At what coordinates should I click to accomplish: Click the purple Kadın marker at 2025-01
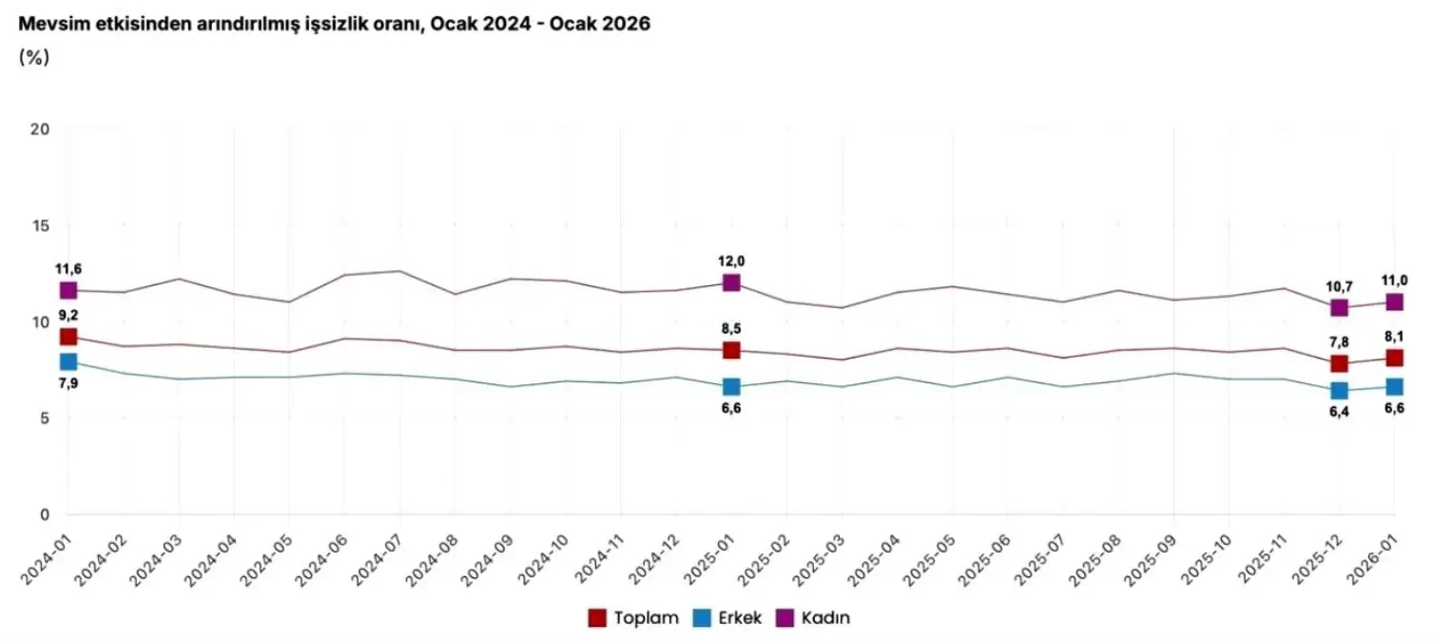tap(731, 282)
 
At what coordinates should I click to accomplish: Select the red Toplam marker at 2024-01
tap(68, 337)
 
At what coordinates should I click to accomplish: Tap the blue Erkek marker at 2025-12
tap(1340, 390)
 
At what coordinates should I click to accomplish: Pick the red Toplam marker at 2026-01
tap(1395, 358)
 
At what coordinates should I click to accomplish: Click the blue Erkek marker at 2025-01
tap(731, 386)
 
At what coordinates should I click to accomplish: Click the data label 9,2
tap(68, 315)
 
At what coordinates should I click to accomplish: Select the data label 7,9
tap(68, 383)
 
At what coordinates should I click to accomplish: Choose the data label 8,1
tap(1394, 336)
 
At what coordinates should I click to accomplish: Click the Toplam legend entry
tap(634, 618)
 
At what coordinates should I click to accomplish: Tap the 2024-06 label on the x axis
tap(320, 560)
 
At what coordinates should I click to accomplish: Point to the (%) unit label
tap(33, 57)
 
